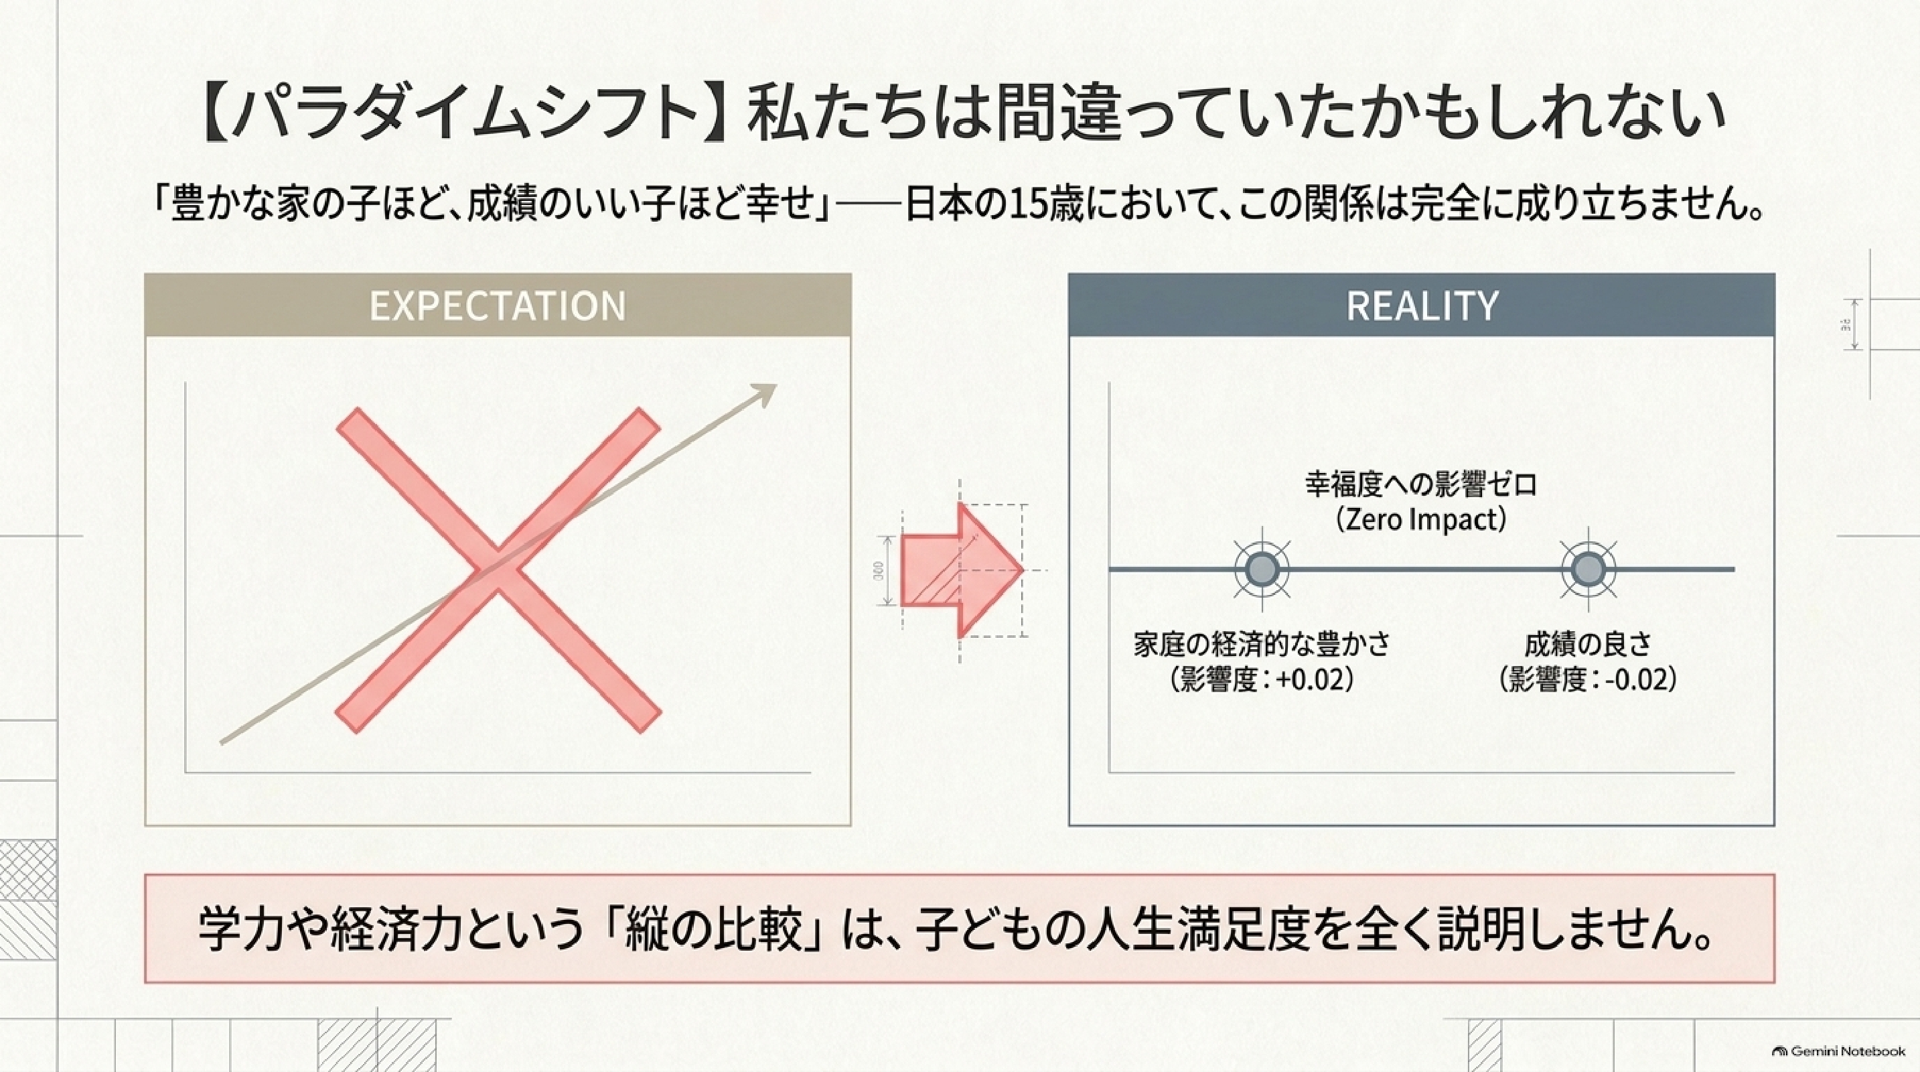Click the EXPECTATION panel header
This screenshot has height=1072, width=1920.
(498, 305)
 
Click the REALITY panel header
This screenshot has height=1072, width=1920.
(1421, 305)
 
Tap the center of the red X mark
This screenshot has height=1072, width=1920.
(498, 570)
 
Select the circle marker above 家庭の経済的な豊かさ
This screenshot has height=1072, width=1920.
(1262, 570)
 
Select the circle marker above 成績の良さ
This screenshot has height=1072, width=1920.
(1589, 570)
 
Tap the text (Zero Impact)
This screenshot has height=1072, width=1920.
(1421, 520)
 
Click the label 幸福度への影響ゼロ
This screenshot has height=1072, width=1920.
(1421, 485)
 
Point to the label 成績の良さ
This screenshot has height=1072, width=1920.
(1588, 644)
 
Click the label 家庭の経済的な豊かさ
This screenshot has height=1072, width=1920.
(1262, 644)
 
